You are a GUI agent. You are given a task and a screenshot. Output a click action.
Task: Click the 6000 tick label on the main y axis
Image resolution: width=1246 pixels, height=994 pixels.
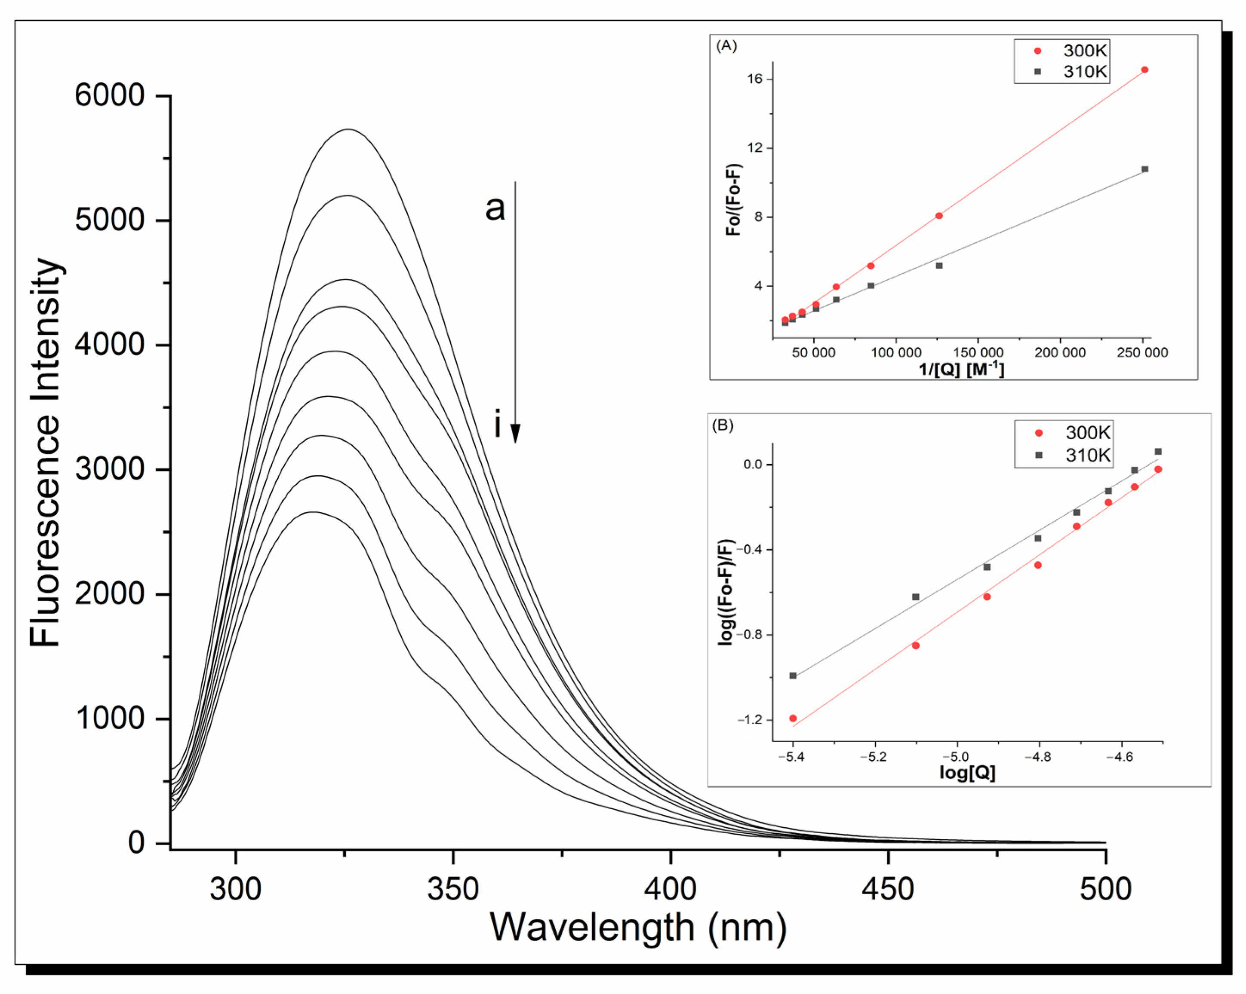point(109,95)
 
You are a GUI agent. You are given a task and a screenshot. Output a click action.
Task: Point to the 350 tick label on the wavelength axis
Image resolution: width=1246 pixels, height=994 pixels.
point(452,890)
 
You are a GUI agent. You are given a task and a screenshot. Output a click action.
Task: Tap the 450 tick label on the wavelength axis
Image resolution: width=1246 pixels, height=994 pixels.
point(888,890)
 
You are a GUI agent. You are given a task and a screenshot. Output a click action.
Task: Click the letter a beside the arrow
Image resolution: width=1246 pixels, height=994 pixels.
point(495,208)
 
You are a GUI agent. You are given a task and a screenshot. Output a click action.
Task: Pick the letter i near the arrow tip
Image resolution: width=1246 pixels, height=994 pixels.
point(497,425)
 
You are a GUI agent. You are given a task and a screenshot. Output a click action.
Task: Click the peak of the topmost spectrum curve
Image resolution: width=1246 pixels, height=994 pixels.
point(348,130)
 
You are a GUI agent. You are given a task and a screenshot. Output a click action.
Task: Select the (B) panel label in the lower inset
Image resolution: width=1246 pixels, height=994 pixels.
point(723,426)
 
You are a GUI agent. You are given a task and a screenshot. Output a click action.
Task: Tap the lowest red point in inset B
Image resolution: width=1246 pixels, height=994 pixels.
point(793,719)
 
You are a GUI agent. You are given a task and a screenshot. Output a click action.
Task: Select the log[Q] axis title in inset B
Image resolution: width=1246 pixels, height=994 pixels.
point(967,773)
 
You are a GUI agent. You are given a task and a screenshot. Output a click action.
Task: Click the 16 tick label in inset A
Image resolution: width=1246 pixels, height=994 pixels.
point(755,79)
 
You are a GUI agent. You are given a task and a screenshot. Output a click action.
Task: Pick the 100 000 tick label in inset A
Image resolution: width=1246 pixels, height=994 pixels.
point(896,352)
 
